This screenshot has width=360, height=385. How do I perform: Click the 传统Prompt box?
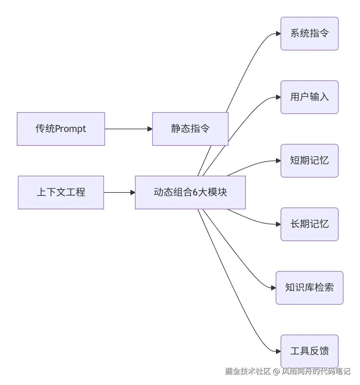coord(61,129)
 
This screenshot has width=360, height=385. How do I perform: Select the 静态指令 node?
coord(190,129)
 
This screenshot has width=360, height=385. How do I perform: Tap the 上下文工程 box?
coord(61,193)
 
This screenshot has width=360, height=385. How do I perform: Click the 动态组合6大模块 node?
coord(190,193)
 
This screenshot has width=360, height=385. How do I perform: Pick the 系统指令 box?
coord(309,34)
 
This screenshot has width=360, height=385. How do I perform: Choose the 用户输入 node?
coord(309,97)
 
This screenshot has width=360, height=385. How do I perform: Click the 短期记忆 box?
coord(309,161)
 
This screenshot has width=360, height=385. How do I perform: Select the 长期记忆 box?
coord(309,224)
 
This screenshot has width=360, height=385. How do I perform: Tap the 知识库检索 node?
coord(309,288)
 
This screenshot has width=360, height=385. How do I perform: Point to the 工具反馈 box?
coord(309,351)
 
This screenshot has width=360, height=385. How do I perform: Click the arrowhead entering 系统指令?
coord(278,34)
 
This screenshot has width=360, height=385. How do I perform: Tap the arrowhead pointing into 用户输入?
coord(278,97)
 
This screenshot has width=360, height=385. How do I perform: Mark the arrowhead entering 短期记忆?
coord(278,161)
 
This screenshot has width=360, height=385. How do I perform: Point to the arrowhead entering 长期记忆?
coord(278,224)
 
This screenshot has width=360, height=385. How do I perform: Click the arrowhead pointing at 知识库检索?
coord(273,288)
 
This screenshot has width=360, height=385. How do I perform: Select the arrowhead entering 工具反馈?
coord(278,351)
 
